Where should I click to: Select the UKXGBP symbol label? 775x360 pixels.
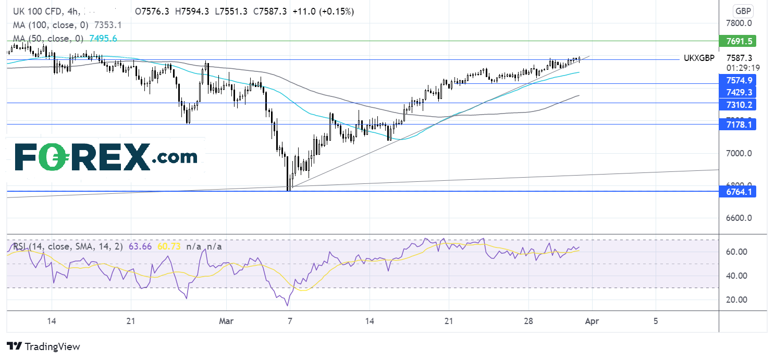pyautogui.click(x=699, y=58)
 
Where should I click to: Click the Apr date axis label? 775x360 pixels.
pyautogui.click(x=592, y=321)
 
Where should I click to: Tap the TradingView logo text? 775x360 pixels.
pyautogui.click(x=52, y=346)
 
